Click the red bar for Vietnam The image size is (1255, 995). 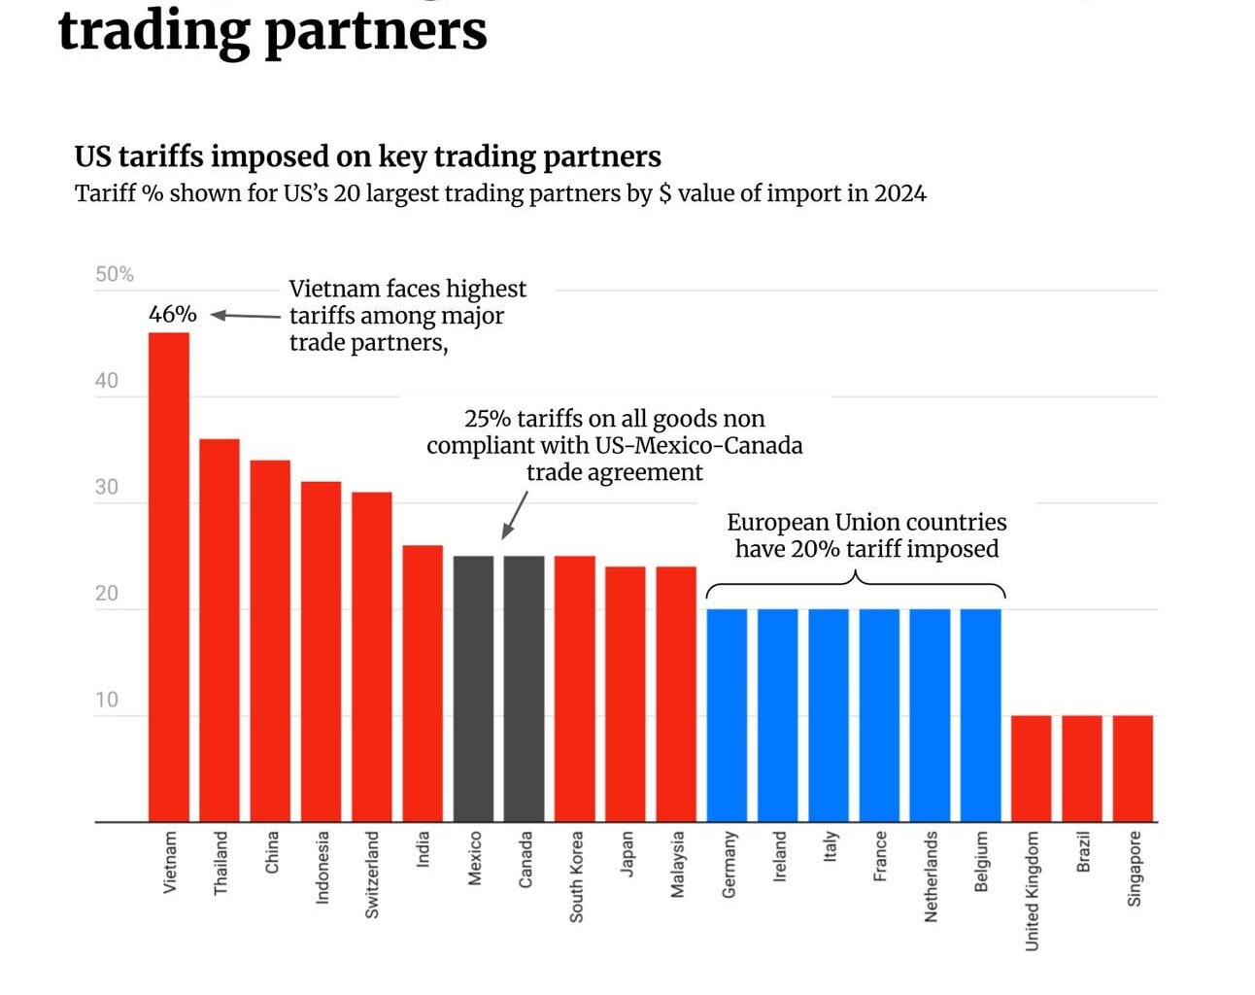tap(168, 577)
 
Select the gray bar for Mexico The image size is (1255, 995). tap(473, 689)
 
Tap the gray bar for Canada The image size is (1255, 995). tap(524, 689)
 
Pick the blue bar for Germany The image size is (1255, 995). tap(727, 715)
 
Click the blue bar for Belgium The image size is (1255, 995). tap(980, 715)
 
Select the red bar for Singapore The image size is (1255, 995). tap(1133, 769)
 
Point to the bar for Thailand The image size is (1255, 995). tap(219, 631)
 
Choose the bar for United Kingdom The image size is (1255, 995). tap(1031, 769)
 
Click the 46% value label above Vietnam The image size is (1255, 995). tap(172, 315)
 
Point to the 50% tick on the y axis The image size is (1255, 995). tap(114, 275)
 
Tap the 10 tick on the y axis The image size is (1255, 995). tap(107, 700)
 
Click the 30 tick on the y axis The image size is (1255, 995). tap(107, 487)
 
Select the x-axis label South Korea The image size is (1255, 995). tap(576, 875)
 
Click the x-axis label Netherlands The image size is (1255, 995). tap(931, 875)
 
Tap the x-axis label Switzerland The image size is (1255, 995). tap(372, 874)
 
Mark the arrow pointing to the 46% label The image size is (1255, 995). tap(245, 315)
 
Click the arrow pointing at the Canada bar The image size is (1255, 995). tap(515, 514)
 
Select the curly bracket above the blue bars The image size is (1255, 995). tap(855, 584)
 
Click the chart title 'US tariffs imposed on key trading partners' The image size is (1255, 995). tap(367, 156)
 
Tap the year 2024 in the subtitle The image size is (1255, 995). tap(899, 193)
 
